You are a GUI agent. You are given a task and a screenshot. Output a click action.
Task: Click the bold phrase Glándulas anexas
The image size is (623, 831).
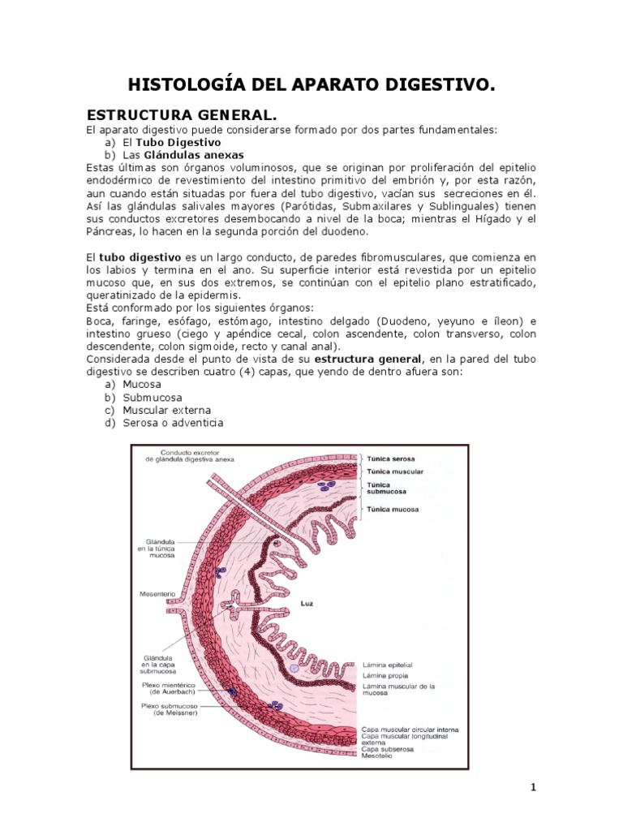tap(193, 154)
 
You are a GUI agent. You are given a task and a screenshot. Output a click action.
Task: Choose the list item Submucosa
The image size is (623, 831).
tap(153, 398)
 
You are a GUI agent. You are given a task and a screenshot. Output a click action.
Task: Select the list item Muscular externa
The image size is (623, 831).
tap(166, 411)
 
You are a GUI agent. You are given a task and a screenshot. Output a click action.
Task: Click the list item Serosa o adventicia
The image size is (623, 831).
tap(173, 424)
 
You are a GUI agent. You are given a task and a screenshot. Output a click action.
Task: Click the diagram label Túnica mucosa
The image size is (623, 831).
tap(393, 509)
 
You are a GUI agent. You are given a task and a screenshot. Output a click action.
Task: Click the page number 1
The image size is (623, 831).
tap(533, 787)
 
